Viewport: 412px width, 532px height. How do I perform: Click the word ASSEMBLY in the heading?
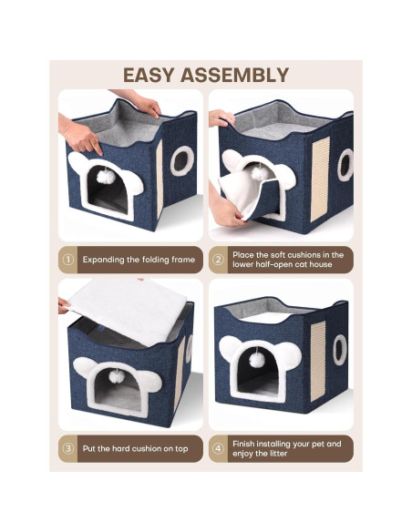click(235, 75)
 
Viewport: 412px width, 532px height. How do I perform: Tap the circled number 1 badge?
click(68, 260)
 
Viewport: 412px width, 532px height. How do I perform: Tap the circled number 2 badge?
click(218, 260)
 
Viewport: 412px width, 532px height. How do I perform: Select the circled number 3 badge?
click(68, 448)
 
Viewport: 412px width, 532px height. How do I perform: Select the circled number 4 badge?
click(218, 448)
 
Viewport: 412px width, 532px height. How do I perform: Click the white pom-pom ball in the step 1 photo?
click(106, 177)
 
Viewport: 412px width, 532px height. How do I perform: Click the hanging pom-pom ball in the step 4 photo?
click(257, 361)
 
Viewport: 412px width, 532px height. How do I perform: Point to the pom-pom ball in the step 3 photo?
click(117, 376)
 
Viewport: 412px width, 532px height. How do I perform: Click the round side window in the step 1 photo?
click(182, 161)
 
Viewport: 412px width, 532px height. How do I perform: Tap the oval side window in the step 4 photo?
click(340, 350)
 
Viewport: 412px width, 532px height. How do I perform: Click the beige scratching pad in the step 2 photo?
click(320, 179)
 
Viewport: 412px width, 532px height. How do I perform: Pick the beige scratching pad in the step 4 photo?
click(318, 361)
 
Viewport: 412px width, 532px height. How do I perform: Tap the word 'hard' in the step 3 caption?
click(121, 448)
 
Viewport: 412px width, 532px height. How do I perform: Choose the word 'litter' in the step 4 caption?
click(279, 454)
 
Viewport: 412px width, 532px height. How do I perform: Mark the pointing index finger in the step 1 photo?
click(98, 148)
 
